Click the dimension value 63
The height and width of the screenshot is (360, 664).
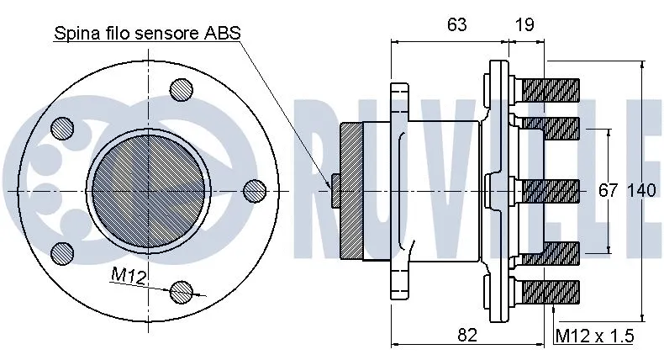[x=456, y=25]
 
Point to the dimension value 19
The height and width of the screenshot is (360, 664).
[x=524, y=25]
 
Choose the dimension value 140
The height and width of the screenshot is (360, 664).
[x=641, y=191]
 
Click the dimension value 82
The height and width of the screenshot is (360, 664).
[x=467, y=335]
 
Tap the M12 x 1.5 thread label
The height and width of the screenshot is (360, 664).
[x=594, y=336]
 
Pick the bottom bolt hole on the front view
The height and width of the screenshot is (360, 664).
[x=181, y=291]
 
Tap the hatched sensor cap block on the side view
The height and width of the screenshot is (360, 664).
[x=350, y=190]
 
